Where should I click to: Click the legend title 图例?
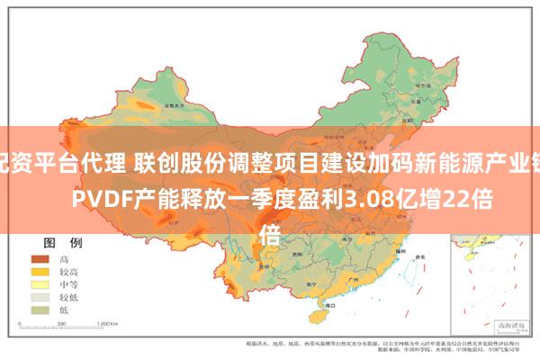63,218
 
